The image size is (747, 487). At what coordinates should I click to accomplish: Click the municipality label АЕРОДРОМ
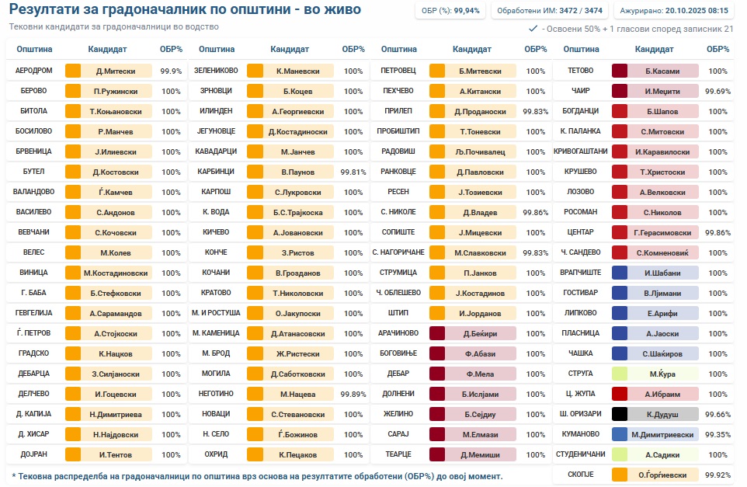[34, 71]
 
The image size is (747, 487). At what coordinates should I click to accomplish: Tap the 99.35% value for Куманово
[717, 434]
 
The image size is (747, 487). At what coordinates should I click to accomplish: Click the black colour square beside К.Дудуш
[620, 414]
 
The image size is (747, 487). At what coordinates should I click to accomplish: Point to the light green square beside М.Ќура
[620, 374]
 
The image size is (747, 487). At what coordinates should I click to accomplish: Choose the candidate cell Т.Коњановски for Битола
[116, 111]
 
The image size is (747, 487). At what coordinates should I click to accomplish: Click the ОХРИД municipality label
[216, 454]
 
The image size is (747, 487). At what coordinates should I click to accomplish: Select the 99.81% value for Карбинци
[353, 172]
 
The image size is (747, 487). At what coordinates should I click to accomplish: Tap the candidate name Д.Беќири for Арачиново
[480, 333]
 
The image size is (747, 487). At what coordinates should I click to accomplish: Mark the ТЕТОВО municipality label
[581, 71]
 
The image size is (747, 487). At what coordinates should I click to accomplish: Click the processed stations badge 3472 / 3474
[550, 11]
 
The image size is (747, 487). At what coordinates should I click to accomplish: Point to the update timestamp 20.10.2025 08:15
[674, 11]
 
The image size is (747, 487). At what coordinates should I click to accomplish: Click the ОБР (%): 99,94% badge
[450, 11]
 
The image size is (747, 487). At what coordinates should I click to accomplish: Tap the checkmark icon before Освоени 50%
[533, 28]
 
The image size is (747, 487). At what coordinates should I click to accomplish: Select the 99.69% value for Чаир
[717, 91]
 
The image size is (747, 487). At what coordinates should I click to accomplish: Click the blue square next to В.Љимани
[620, 293]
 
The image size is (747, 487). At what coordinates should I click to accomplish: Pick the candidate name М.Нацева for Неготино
[297, 394]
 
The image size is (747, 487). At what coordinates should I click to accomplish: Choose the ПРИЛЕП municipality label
[398, 111]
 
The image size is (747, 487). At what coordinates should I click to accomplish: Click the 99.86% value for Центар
[717, 232]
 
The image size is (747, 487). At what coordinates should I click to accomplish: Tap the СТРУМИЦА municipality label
[398, 273]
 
